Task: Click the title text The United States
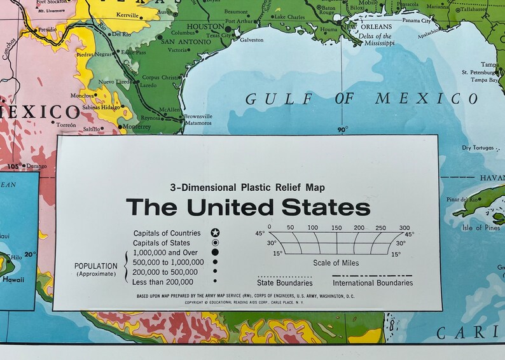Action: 247,207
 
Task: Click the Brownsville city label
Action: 198,116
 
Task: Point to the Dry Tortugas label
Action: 478,148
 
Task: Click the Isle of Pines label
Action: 481,228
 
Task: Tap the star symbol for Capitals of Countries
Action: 215,233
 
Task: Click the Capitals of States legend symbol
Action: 215,243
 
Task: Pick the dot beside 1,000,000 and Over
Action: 215,253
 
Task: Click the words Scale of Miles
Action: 336,263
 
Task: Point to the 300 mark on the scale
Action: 405,227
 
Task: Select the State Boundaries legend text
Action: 284,283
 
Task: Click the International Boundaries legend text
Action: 372,283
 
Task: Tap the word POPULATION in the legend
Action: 96,266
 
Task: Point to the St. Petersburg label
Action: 484,72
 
